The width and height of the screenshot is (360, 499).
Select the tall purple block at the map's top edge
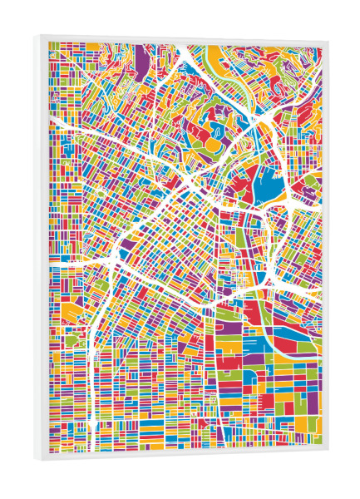click(141, 63)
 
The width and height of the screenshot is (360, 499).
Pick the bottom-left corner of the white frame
click(36, 459)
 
